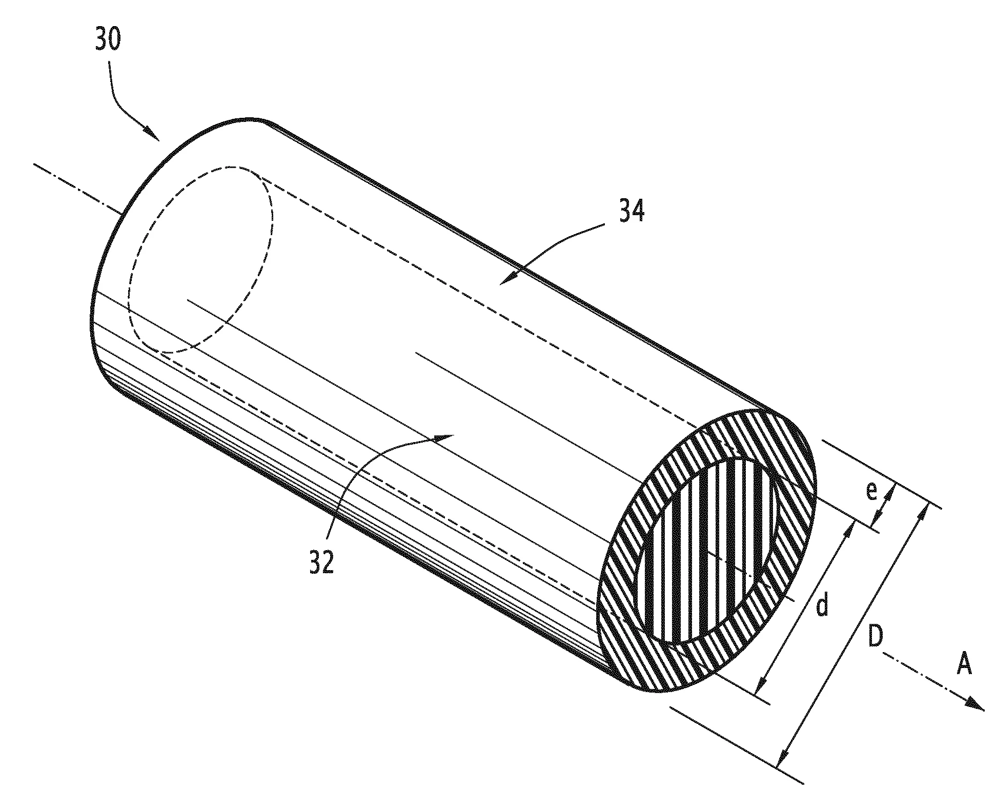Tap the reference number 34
click(632, 211)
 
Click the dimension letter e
click(871, 491)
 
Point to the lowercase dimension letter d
click(822, 605)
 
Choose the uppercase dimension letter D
click(876, 637)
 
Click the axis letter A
click(964, 664)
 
